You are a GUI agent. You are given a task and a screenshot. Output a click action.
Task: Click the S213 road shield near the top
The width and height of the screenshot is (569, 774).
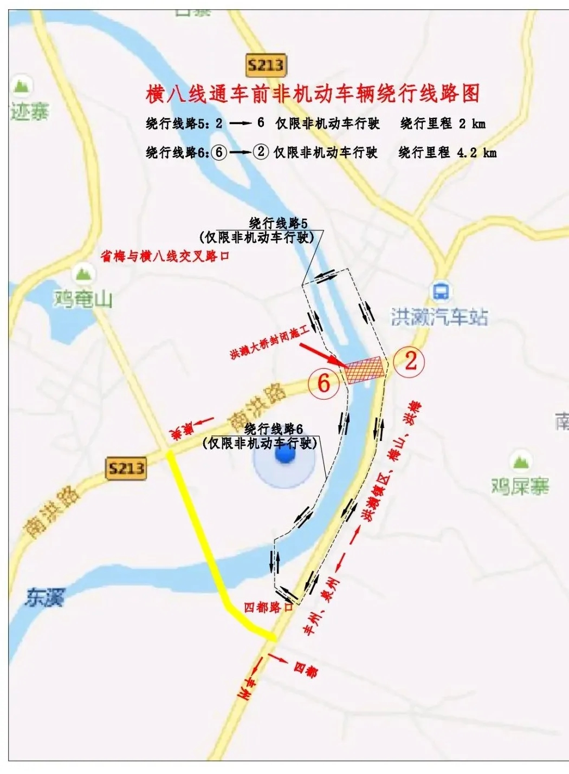(266, 66)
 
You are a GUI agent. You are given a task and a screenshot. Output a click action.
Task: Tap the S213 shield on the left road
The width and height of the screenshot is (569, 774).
(126, 468)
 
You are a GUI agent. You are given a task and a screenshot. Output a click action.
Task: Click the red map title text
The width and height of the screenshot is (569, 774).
(313, 93)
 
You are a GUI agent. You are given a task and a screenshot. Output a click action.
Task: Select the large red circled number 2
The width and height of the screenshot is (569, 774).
(410, 361)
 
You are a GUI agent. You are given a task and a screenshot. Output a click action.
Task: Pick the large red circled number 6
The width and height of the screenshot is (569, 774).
(324, 383)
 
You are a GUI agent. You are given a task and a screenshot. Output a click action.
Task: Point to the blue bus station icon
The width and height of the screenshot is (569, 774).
(440, 291)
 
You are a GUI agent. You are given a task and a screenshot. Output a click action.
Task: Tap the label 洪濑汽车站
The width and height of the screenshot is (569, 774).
(439, 317)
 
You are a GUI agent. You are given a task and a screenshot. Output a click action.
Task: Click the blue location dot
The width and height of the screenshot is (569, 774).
(284, 456)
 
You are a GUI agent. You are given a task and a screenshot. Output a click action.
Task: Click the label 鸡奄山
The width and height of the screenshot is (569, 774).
(83, 298)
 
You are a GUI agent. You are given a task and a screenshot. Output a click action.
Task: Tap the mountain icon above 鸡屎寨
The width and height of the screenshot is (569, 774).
(520, 461)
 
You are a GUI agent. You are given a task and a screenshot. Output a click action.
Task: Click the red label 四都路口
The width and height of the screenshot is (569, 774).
(268, 607)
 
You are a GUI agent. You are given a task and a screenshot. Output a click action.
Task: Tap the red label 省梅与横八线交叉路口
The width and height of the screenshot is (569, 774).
(165, 256)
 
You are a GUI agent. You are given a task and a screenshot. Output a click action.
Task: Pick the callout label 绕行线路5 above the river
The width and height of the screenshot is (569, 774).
(278, 223)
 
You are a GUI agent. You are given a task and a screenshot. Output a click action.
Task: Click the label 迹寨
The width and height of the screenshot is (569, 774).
(29, 112)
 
